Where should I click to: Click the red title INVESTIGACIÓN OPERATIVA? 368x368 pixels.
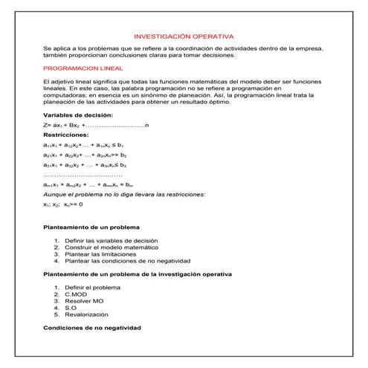(183, 36)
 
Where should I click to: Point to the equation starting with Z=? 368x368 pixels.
(96, 126)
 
